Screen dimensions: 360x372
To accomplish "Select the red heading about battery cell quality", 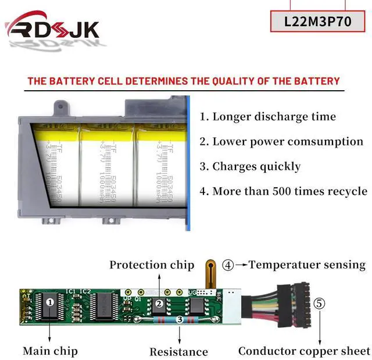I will tap(183, 81).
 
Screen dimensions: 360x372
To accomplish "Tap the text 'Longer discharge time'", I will tap(268, 116).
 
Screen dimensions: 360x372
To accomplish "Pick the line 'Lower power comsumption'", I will tap(281, 141).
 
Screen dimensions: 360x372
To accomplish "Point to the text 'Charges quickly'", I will tap(251, 166).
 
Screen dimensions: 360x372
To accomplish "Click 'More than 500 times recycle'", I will tap(284, 191).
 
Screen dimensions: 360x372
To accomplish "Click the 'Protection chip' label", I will tap(152, 265).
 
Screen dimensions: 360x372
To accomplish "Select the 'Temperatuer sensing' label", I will tap(307, 265).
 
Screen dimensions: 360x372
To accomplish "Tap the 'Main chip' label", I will tap(50, 351).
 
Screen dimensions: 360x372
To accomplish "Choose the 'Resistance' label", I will tap(178, 351).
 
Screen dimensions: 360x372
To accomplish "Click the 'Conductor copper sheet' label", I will tap(304, 351).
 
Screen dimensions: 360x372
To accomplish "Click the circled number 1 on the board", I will tap(50, 302).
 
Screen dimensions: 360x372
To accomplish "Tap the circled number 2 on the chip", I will tap(159, 303).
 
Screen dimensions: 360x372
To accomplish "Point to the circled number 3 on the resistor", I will tap(179, 319).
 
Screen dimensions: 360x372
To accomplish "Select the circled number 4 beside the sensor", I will tap(228, 265).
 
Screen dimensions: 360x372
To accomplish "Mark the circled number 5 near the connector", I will tap(320, 304).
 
